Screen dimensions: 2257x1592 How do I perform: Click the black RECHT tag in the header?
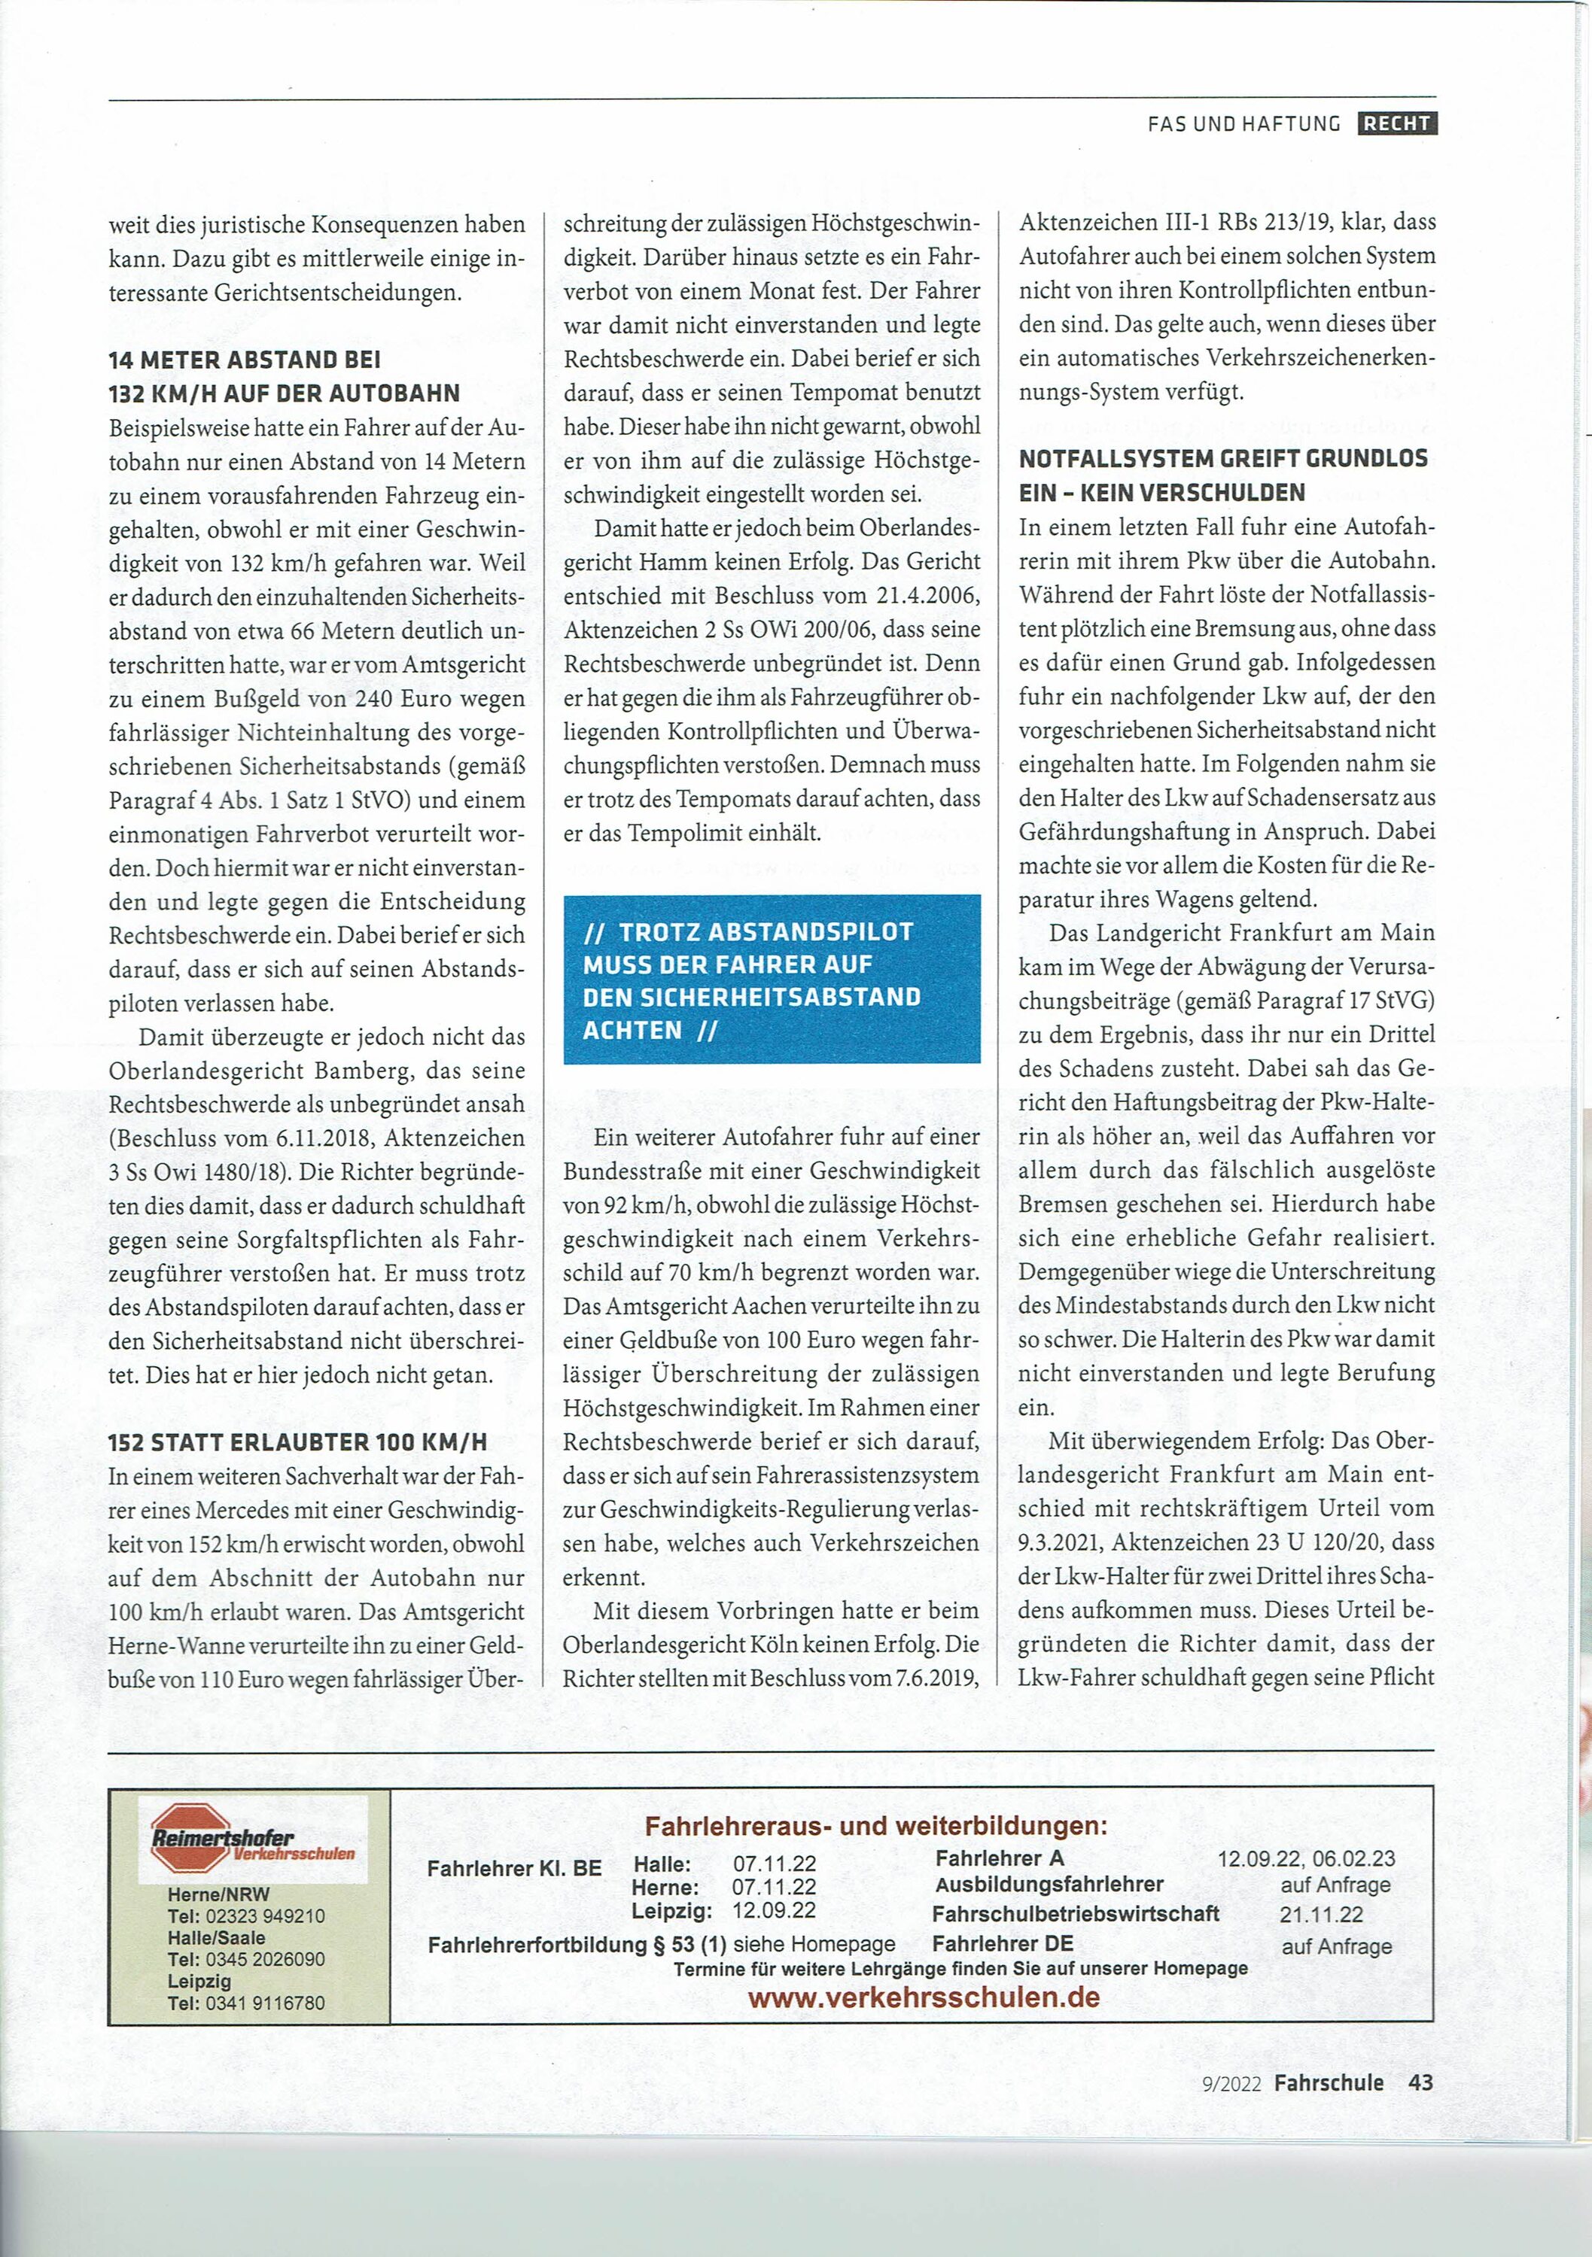(1396, 124)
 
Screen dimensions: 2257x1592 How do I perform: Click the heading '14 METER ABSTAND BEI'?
(245, 360)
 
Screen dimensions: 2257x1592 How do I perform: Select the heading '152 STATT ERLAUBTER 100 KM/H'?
(298, 1442)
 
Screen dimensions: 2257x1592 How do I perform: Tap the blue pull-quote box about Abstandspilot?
(771, 979)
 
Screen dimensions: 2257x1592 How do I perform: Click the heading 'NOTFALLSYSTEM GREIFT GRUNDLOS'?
(1223, 459)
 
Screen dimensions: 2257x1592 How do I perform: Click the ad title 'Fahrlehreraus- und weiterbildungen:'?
(875, 1825)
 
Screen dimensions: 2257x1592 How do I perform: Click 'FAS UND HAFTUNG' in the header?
(1244, 124)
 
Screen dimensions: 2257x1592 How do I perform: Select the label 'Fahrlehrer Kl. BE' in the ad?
(514, 1868)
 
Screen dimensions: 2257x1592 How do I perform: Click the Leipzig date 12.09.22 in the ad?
(774, 1911)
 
